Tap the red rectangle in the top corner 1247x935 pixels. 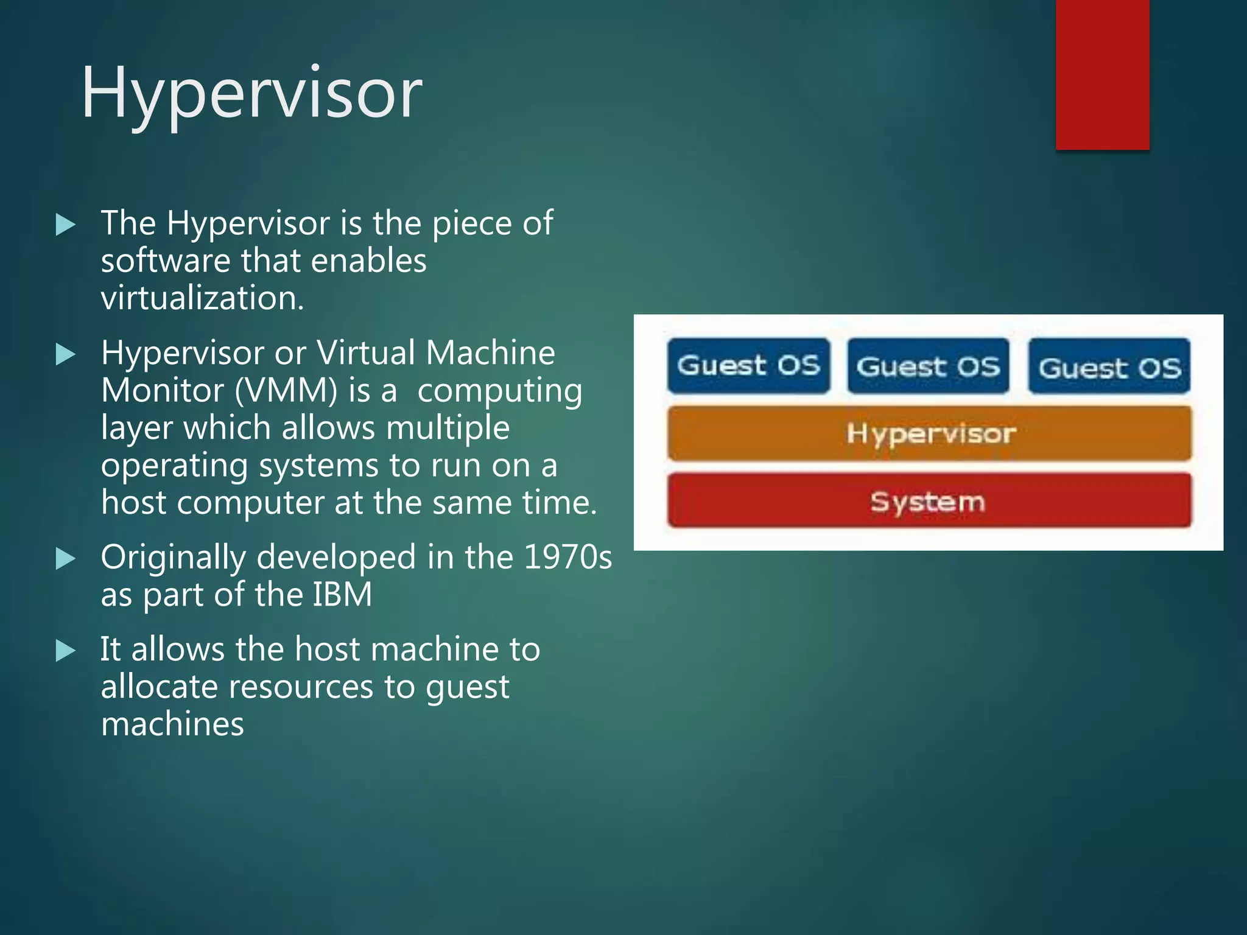click(x=1102, y=74)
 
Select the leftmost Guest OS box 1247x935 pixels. click(x=748, y=366)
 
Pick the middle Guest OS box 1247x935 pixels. click(x=928, y=366)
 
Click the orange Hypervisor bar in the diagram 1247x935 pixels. click(x=929, y=433)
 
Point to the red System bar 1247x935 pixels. click(x=929, y=501)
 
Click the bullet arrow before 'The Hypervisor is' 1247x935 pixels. click(x=65, y=225)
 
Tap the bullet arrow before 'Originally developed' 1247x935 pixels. click(x=65, y=559)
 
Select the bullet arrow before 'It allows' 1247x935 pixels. click(x=65, y=651)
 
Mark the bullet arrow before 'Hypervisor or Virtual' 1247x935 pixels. click(x=65, y=354)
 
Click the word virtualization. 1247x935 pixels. click(x=202, y=298)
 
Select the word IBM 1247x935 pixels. click(x=342, y=595)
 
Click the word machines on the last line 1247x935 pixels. click(x=172, y=724)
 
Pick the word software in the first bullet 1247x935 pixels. click(x=166, y=261)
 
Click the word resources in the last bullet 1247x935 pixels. click(x=300, y=687)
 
